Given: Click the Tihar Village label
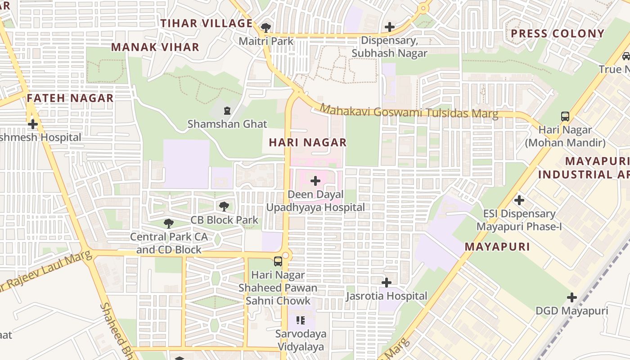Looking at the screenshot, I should (x=207, y=23).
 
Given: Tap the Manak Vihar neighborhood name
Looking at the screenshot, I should (x=155, y=47).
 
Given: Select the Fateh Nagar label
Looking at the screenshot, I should (x=70, y=98).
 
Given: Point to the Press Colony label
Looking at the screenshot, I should (x=558, y=33).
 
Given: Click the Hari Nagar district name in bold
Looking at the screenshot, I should (x=308, y=142).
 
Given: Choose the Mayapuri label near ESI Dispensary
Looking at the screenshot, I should (x=497, y=247).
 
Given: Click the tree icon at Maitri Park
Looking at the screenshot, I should (x=266, y=27).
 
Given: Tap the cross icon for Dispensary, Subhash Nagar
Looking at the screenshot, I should (x=390, y=27).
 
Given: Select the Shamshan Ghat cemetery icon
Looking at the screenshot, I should (x=227, y=110).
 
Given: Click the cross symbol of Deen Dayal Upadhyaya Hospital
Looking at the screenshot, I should (x=315, y=181).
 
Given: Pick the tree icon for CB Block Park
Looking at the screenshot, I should (x=224, y=207).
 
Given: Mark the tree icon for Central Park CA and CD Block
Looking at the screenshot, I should (x=168, y=223).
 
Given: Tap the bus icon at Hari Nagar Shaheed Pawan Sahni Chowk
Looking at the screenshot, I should (x=278, y=261).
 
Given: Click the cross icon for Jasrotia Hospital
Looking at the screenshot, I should (x=386, y=283).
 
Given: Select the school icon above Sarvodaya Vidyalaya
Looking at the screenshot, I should (x=301, y=320).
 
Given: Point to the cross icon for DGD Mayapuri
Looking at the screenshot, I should (x=571, y=297).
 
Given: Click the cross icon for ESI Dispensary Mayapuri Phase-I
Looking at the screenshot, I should (x=519, y=200).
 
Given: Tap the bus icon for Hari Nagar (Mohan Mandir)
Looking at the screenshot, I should (x=565, y=116).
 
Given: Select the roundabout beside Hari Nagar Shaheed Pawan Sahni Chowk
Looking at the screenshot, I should (x=286, y=256).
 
